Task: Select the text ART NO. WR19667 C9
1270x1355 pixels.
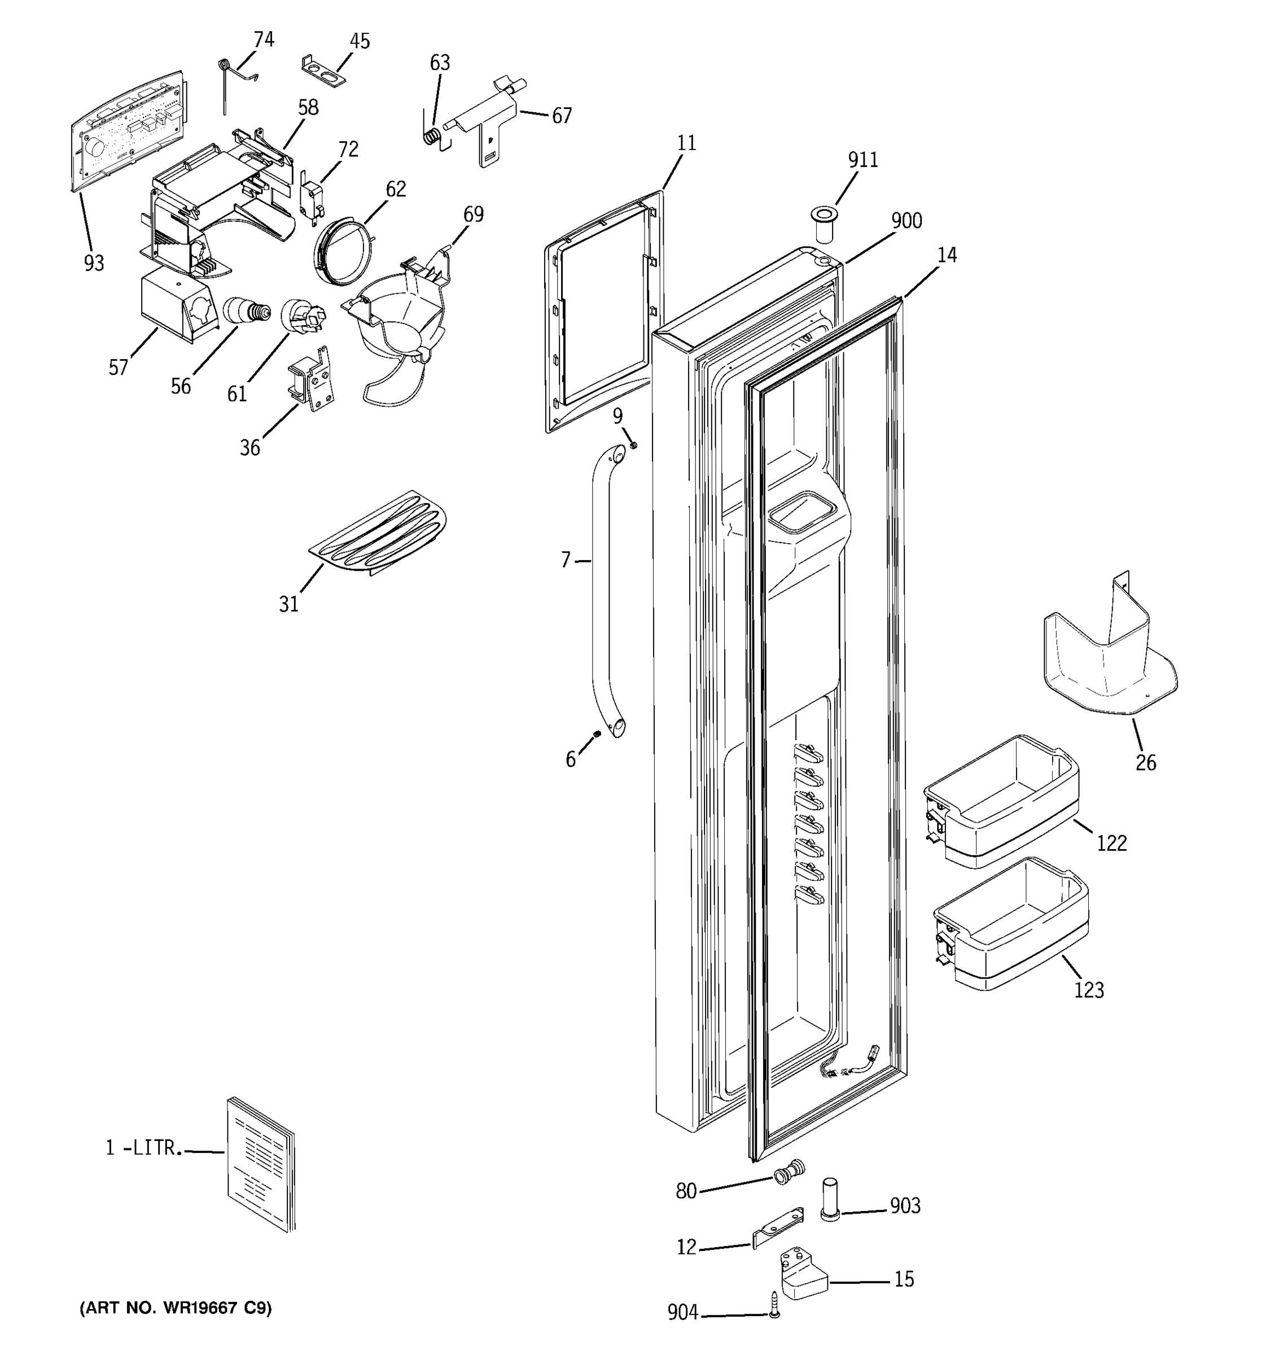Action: point(176,1308)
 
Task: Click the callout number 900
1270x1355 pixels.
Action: point(906,221)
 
